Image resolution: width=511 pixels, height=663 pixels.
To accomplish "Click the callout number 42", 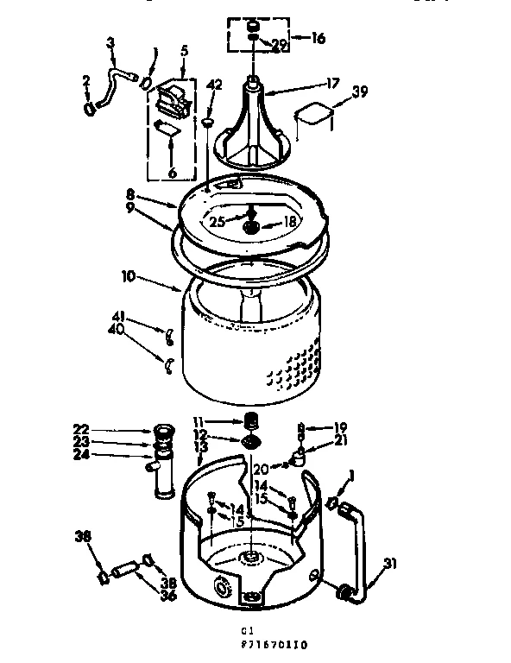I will coord(215,85).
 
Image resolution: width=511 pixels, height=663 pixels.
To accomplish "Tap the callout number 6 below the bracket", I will coord(172,173).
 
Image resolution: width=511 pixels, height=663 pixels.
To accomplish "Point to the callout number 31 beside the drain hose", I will coord(391,565).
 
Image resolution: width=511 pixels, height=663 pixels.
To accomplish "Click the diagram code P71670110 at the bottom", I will coord(275,644).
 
